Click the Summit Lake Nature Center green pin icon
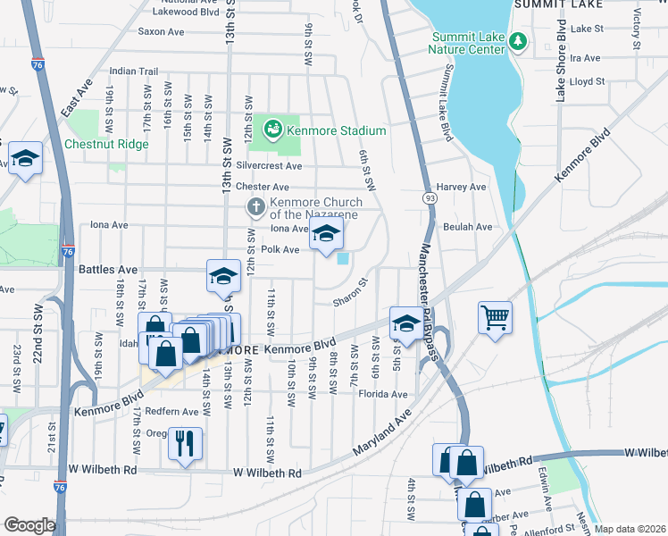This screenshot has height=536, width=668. coord(517,41)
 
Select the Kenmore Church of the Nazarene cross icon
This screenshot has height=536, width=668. coord(255,207)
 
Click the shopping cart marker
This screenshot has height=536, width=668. coord(495,317)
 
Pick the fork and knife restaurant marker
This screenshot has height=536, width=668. coord(185,443)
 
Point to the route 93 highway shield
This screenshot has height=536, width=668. coord(430,197)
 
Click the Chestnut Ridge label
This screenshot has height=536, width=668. coord(106,144)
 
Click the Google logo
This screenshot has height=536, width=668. coord(29,525)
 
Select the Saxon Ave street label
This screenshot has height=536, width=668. coord(161,31)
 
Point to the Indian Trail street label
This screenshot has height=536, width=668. coord(133,71)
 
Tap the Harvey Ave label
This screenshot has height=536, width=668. coord(464,187)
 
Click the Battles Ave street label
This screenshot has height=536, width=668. coord(108,269)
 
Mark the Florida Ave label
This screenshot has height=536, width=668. coord(383,394)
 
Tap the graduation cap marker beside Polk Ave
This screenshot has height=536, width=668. coord(327,236)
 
